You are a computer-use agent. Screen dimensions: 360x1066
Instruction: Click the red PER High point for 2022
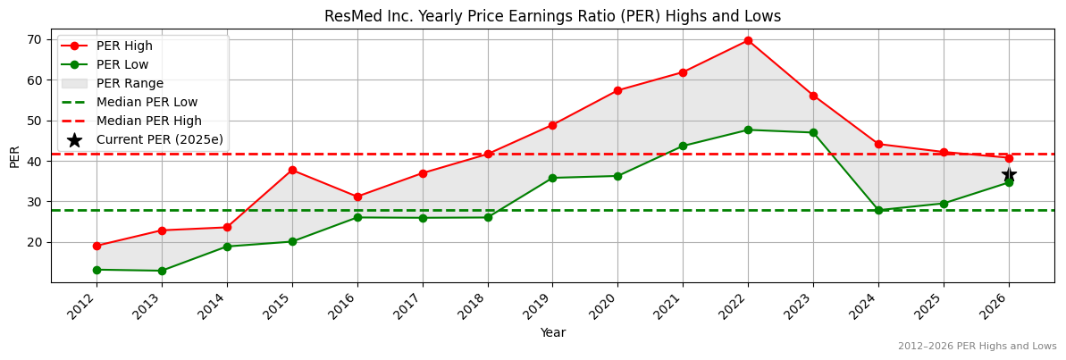coord(748,40)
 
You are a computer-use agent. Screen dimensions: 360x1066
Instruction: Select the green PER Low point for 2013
coord(162,271)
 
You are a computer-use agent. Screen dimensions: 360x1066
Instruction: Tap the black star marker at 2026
coord(1009,175)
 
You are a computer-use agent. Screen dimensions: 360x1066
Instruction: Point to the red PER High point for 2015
coord(292,170)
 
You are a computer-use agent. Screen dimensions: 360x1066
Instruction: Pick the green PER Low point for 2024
coord(878,210)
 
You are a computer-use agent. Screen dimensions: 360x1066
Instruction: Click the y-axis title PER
coord(14,156)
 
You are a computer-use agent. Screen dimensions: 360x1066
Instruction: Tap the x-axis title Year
coord(552,333)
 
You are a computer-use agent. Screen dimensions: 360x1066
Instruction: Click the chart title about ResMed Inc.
coord(552,16)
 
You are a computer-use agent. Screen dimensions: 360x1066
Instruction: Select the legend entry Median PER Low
coord(147,102)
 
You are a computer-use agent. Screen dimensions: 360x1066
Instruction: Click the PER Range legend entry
coord(130,83)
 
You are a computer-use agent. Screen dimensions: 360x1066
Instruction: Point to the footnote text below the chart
coord(977,346)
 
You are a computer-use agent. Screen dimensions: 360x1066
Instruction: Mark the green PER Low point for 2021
coord(683,146)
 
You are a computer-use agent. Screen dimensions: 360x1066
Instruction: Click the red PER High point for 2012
coord(97,246)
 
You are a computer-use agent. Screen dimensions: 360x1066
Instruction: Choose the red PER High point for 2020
coord(617,90)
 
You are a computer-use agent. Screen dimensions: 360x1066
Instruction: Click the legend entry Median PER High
coord(148,121)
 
